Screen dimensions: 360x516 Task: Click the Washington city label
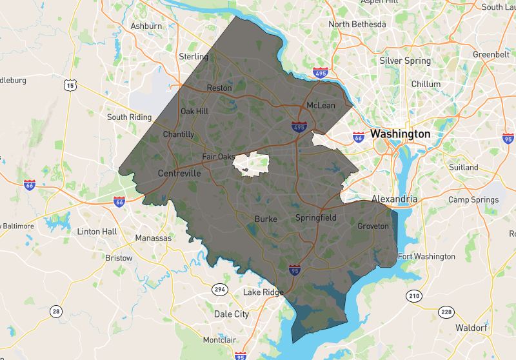tap(401, 134)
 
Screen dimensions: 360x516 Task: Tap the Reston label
tap(219, 88)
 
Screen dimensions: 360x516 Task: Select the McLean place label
tap(321, 105)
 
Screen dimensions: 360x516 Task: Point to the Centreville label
tap(179, 174)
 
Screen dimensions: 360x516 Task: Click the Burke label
tap(266, 219)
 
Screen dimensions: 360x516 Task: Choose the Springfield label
tap(317, 218)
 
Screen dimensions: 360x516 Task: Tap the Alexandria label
tap(394, 199)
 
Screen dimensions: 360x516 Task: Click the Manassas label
tap(154, 238)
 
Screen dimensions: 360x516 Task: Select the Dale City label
tap(231, 314)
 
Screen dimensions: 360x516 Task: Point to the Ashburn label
tap(146, 26)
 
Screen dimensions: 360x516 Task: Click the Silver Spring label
tap(405, 61)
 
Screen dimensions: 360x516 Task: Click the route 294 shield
tap(220, 290)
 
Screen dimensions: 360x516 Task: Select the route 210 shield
tap(413, 296)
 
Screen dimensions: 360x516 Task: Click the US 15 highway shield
tap(70, 85)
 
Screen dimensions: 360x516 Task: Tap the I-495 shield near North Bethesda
tap(320, 74)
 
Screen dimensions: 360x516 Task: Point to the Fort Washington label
tap(426, 257)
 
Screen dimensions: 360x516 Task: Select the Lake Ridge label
tap(263, 293)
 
